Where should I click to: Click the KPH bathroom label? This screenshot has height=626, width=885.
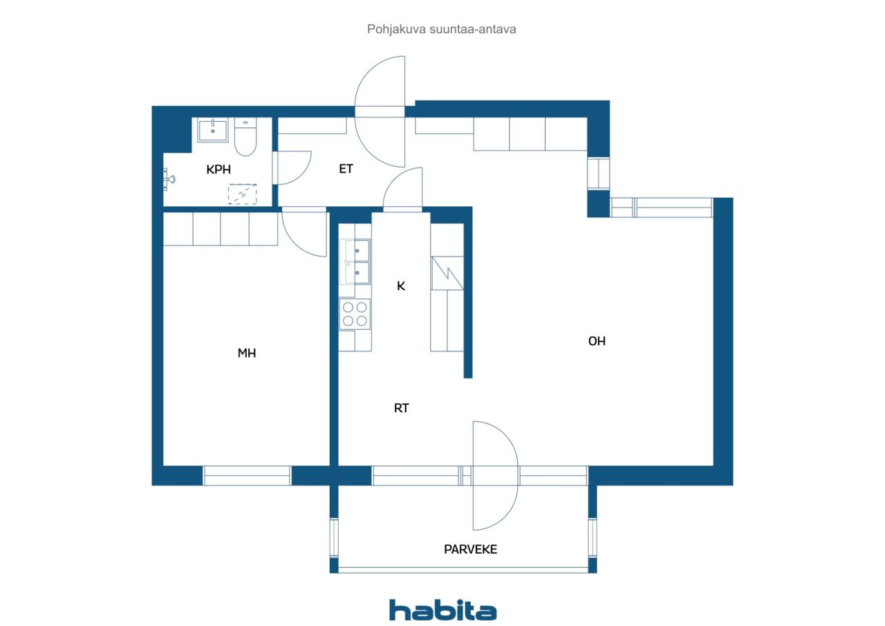(x=218, y=169)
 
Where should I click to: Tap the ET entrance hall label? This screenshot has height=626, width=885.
(x=346, y=169)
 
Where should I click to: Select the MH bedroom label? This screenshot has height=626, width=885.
(x=247, y=353)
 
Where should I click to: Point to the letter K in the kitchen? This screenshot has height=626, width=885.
(x=401, y=286)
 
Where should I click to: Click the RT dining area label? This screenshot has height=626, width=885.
(x=402, y=408)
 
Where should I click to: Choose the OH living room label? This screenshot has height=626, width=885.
(x=597, y=341)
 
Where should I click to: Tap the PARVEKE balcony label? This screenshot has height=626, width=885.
(x=470, y=549)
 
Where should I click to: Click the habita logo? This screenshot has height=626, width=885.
(x=442, y=610)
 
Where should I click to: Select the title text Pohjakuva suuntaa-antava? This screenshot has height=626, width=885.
(x=441, y=29)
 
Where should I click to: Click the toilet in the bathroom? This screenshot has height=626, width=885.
(x=245, y=137)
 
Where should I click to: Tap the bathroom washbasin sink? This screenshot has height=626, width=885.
(x=212, y=131)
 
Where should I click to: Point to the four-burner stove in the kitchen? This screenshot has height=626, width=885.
(x=355, y=314)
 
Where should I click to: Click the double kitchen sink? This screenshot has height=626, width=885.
(x=355, y=261)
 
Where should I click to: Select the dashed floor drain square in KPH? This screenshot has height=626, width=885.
(x=242, y=194)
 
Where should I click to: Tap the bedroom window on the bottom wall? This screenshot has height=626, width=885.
(x=247, y=475)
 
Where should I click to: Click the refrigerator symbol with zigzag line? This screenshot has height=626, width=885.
(x=447, y=273)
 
